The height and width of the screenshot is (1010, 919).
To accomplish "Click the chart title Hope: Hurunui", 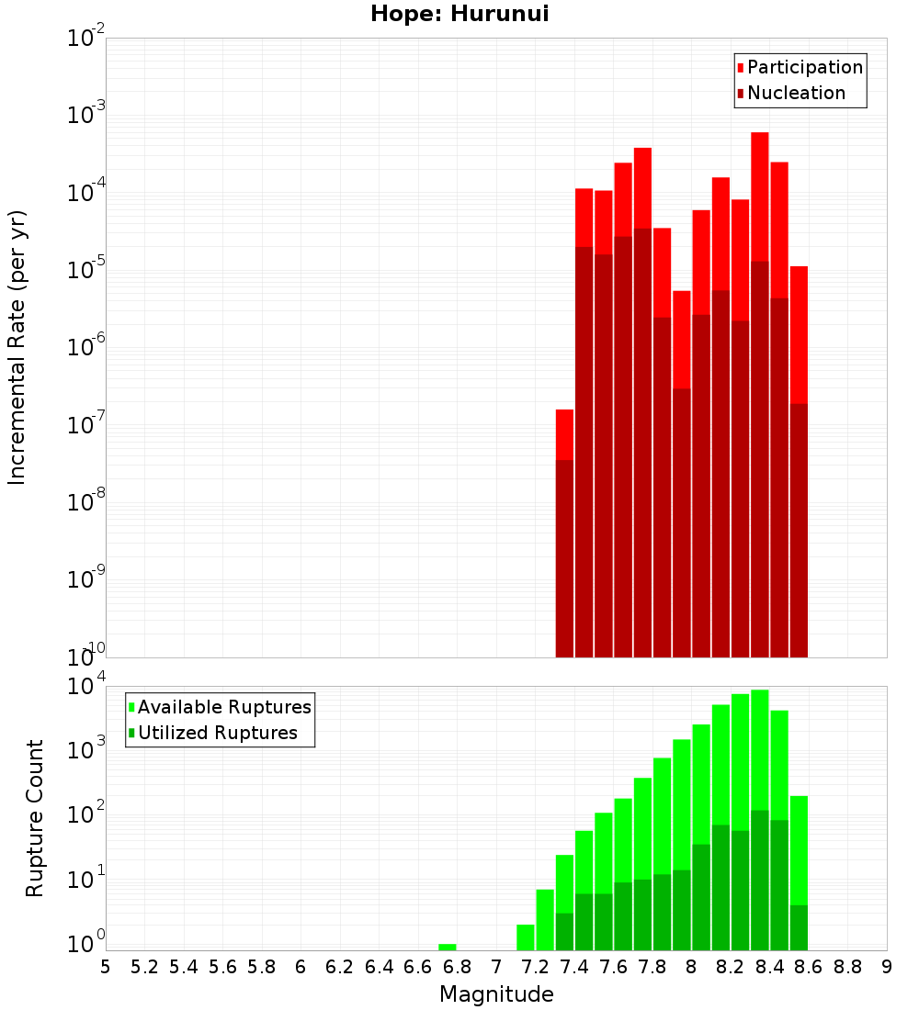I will point(459,15).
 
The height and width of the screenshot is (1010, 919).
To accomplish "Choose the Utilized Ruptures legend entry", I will point(217,733).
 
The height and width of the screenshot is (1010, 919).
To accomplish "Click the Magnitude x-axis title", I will point(496,994).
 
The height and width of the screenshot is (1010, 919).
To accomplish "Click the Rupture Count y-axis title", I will point(35,817).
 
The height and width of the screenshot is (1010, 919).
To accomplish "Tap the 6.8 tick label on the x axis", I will point(457,967).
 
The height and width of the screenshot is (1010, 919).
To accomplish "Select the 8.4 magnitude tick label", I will point(769,967).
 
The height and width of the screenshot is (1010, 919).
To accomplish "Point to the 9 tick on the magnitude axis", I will point(887,967).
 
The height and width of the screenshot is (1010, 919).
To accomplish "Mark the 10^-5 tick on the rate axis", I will point(85,270).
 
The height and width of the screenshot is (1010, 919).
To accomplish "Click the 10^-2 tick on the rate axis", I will point(85,39).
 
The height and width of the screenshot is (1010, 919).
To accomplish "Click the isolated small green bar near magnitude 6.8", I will point(448,947).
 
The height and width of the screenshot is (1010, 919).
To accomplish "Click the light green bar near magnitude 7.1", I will point(526,937).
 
